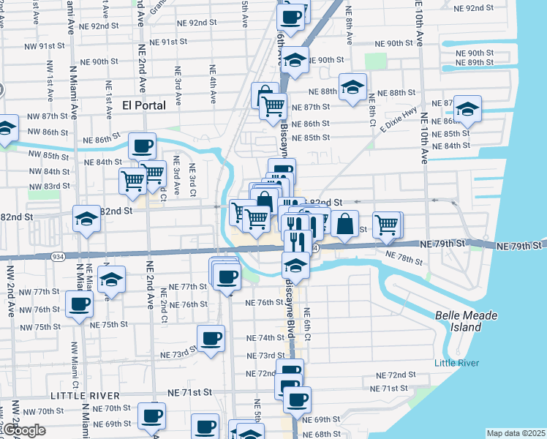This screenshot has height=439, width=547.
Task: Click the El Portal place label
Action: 145,105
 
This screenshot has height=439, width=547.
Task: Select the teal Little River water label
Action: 455,364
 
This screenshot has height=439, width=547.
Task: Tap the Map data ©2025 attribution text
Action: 516,433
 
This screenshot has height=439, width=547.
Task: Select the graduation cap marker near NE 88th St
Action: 352,87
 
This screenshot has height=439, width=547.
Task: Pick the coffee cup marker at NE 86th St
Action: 142,144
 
